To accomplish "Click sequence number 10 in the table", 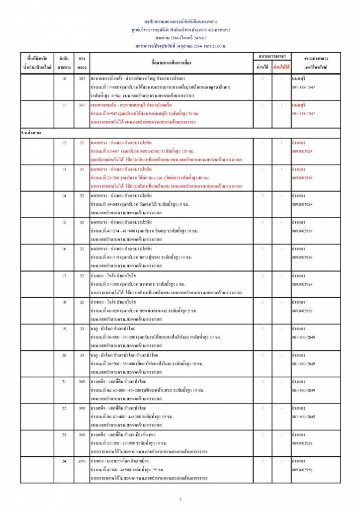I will click(63, 79).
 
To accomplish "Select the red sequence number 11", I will click(63, 105).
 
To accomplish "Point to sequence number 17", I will click(64, 275).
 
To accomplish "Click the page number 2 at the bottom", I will click(180, 499).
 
